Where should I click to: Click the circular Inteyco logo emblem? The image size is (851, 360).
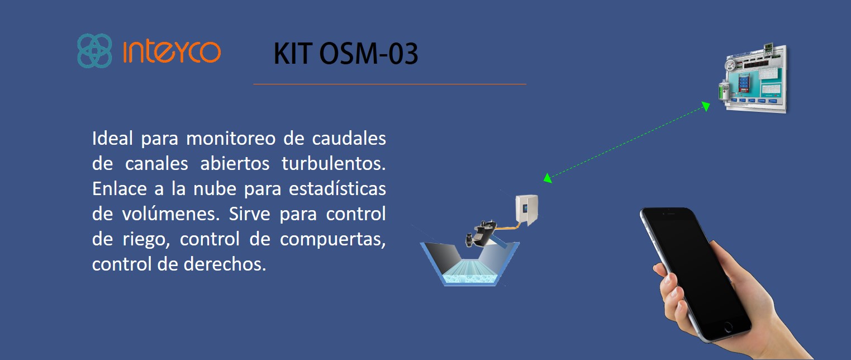94,50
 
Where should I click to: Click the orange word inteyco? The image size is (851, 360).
172,51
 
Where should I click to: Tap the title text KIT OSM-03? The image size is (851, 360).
346,54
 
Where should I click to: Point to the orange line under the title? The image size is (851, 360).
390,84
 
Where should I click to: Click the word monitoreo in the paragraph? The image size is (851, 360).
231,139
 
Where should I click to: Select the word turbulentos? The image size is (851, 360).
333,163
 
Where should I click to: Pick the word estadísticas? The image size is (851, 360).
337,189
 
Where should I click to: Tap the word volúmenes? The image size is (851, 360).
170,214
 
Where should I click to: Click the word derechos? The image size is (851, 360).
225,264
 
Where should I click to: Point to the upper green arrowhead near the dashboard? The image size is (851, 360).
706,106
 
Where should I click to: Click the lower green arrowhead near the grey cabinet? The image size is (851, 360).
548,178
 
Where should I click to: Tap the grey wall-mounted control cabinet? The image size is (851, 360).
526,210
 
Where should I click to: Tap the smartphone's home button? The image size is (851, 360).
728,326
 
